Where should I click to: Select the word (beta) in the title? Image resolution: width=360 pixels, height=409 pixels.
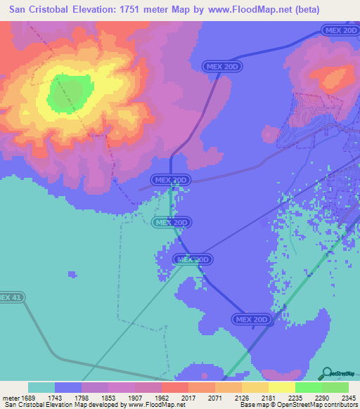(304, 10)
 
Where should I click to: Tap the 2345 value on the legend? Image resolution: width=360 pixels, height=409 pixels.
(349, 398)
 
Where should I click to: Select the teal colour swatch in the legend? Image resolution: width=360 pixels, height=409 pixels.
(41, 387)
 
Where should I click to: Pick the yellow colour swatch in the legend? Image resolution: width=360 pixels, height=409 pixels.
(281, 387)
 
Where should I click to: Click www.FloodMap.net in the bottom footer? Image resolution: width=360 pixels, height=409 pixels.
(149, 405)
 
